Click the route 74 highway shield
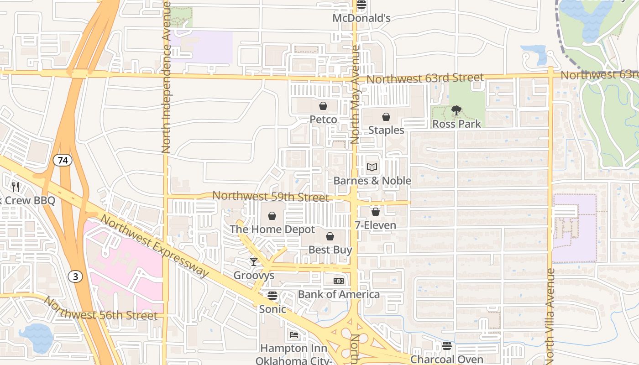coord(62,160)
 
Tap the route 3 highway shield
coord(75,276)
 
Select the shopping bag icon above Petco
coord(323,106)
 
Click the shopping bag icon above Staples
coord(386,117)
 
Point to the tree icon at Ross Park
coord(456,110)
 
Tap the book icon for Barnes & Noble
coord(372,167)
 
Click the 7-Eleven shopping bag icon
coord(376,212)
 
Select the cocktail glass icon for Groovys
coord(254,262)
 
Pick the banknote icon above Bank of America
coord(339,281)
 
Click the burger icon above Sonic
coord(272,296)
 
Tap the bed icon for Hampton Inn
coord(294,335)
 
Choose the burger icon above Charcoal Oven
coord(446,346)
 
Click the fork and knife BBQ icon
coord(16,187)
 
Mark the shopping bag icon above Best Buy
coord(330,236)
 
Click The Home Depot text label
coord(272,229)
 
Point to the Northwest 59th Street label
coord(270,197)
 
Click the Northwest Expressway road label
coord(154,245)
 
